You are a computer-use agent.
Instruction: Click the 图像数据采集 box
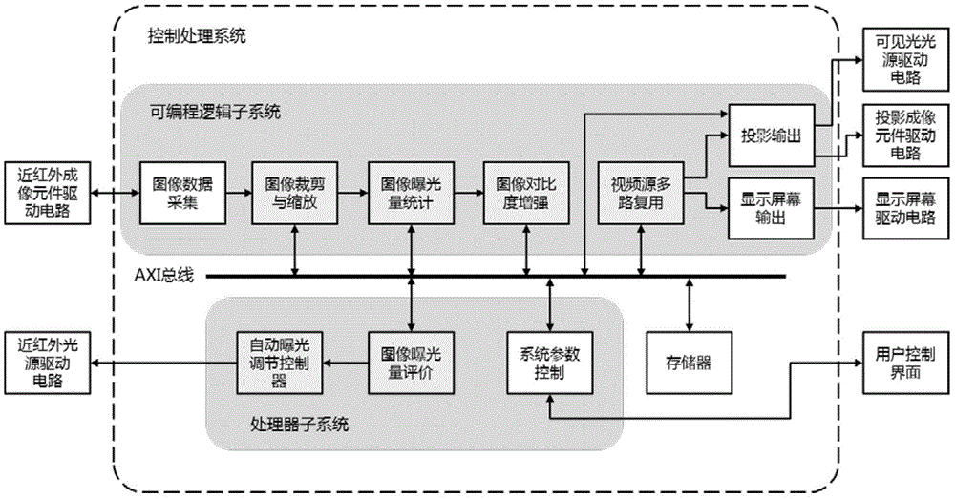click(179, 192)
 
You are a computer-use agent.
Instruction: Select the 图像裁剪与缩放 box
click(290, 192)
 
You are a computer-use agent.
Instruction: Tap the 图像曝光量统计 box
click(409, 192)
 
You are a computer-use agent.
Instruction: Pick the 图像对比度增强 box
click(524, 192)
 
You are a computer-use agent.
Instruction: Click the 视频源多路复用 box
click(640, 192)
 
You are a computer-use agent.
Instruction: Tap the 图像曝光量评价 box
click(409, 362)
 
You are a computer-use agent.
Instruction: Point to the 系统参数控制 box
click(549, 362)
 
